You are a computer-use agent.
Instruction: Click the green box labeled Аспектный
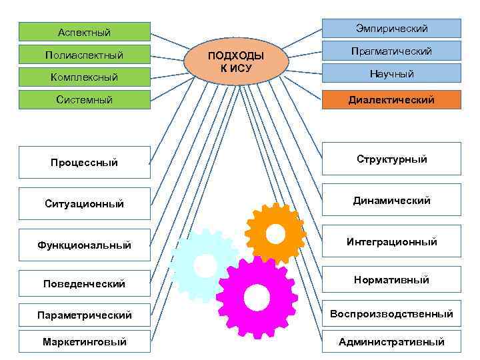pyautogui.click(x=84, y=32)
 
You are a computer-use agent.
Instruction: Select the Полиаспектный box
pyautogui.click(x=84, y=54)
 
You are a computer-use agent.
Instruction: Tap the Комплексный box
pyautogui.click(x=84, y=77)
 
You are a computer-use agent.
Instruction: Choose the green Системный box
pyautogui.click(x=84, y=100)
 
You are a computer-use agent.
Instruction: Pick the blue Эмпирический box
pyautogui.click(x=391, y=28)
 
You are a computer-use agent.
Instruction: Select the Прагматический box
pyautogui.click(x=391, y=51)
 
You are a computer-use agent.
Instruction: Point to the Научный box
pyautogui.click(x=391, y=73)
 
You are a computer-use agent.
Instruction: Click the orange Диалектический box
pyautogui.click(x=391, y=100)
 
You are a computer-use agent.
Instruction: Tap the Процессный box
pyautogui.click(x=84, y=162)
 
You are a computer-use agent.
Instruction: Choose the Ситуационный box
pyautogui.click(x=84, y=203)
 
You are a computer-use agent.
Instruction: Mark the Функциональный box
pyautogui.click(x=84, y=245)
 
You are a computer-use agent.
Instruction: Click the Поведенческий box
pyautogui.click(x=84, y=283)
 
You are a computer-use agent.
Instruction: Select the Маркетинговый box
pyautogui.click(x=84, y=341)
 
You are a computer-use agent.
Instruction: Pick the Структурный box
pyautogui.click(x=391, y=159)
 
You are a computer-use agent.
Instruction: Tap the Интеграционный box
pyautogui.click(x=391, y=241)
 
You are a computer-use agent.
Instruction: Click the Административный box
pyautogui.click(x=391, y=341)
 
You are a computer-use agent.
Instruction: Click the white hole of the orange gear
pyautogui.click(x=275, y=233)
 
